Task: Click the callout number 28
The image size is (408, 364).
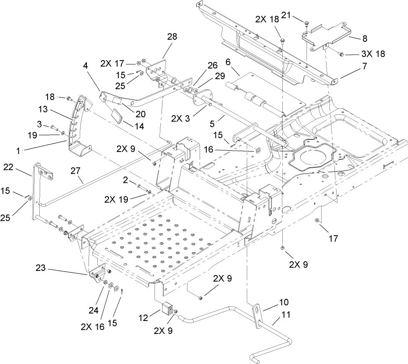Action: tap(172, 37)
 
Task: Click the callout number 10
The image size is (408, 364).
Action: tap(284, 301)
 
